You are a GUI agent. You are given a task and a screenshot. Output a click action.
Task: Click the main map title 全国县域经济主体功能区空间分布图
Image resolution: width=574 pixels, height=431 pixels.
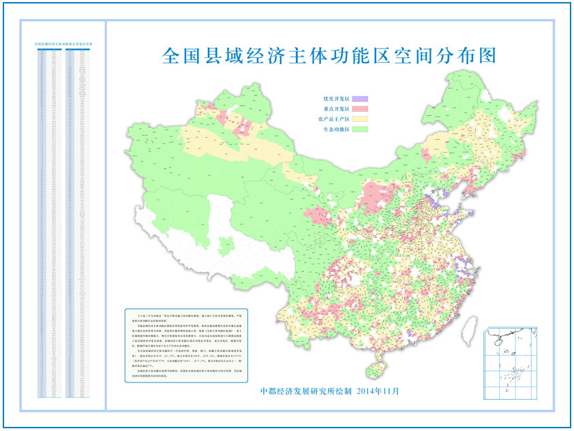pos(328,55)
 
